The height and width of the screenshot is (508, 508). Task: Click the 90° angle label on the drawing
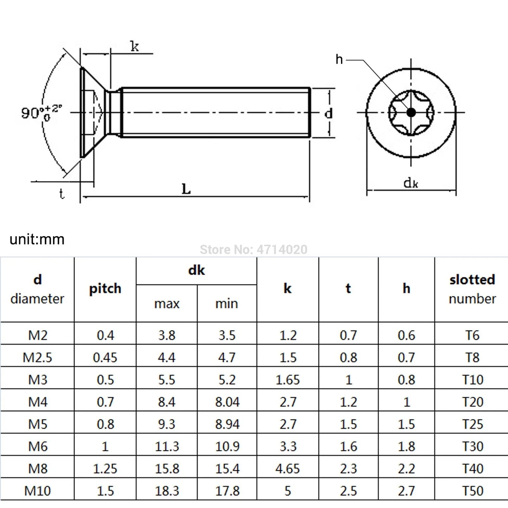click(x=40, y=112)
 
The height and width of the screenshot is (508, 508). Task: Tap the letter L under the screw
click(x=186, y=189)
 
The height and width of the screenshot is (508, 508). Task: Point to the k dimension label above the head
click(x=135, y=46)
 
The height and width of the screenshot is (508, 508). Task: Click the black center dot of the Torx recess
click(x=411, y=112)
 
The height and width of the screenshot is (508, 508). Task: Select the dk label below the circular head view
click(x=411, y=183)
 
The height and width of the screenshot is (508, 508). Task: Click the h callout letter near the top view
click(x=339, y=59)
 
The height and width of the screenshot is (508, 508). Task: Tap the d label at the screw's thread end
click(x=328, y=114)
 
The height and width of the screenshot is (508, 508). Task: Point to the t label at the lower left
click(x=62, y=194)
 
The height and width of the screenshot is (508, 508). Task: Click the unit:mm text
click(x=37, y=239)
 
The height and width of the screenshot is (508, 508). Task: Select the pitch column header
click(x=105, y=289)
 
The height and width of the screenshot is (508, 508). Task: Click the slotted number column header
click(x=472, y=289)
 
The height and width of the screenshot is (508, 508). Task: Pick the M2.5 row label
click(x=37, y=358)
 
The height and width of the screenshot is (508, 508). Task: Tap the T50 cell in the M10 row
click(x=472, y=491)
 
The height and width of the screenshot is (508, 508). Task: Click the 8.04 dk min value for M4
click(x=227, y=402)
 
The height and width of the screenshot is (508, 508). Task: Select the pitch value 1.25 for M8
click(x=105, y=469)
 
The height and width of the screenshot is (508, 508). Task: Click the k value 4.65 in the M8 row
click(x=288, y=469)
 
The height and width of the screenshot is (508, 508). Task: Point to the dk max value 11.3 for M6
click(x=167, y=446)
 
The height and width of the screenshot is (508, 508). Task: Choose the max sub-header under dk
click(x=167, y=303)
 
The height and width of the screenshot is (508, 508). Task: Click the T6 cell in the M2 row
click(x=472, y=335)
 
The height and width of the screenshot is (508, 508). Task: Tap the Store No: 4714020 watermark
click(x=253, y=250)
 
